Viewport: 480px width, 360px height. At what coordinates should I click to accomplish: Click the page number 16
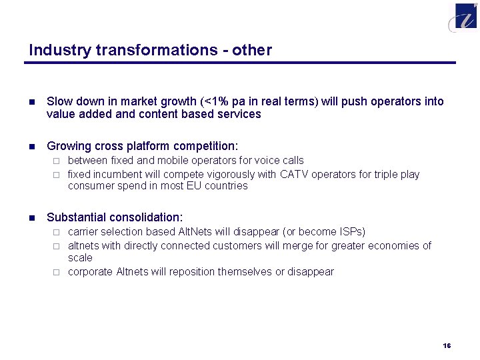coord(447,345)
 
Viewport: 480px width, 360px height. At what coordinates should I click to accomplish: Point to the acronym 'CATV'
coord(295,175)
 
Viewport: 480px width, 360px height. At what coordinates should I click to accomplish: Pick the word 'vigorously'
coord(228,175)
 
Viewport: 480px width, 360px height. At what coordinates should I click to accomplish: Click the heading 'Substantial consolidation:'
coord(115,217)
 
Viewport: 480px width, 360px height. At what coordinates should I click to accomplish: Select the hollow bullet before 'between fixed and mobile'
coord(57,161)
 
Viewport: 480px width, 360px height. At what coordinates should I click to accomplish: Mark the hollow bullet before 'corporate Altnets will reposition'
coord(57,272)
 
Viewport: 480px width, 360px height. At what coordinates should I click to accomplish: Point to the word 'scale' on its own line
coord(80,258)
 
